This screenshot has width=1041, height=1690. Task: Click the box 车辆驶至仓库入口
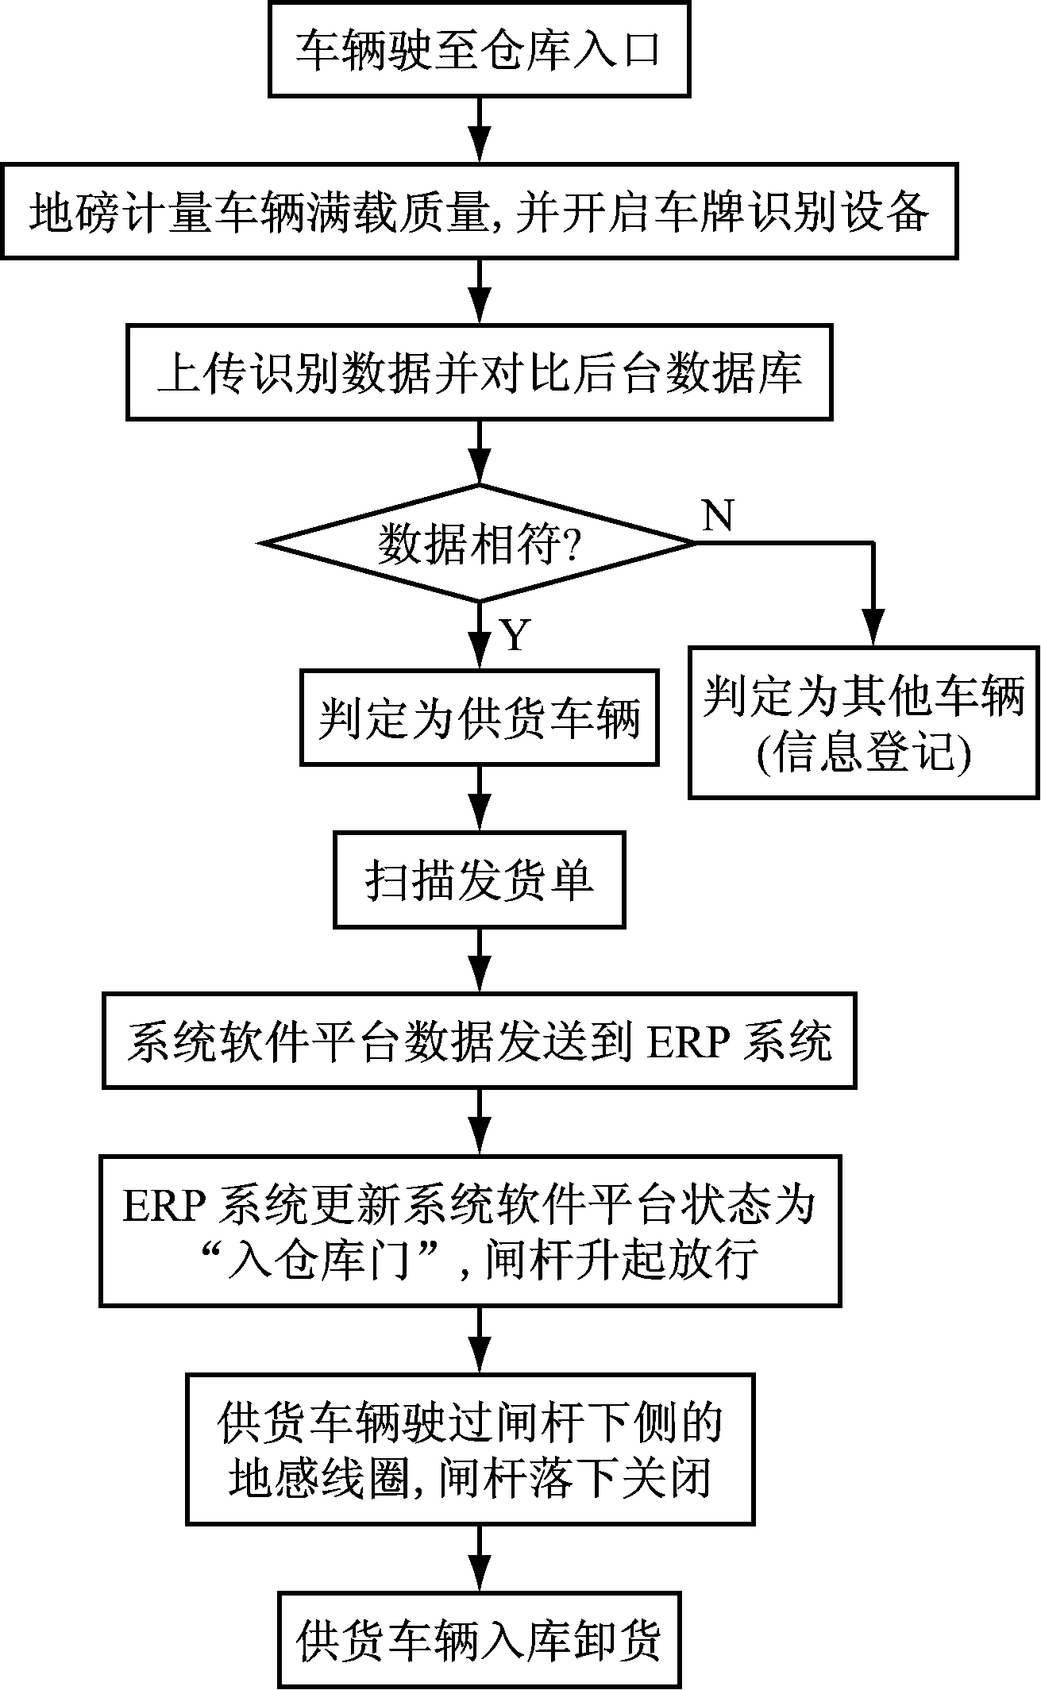[479, 51]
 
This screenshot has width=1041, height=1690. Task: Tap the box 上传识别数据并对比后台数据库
[479, 371]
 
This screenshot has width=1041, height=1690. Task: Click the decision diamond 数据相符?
[479, 543]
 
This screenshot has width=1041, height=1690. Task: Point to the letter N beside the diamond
[718, 517]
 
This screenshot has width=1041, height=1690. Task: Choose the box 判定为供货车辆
[479, 718]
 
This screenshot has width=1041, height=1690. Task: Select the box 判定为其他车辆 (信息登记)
[863, 722]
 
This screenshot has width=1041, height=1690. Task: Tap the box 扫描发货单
[479, 880]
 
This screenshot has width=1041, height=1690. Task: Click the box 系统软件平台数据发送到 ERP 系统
[479, 1040]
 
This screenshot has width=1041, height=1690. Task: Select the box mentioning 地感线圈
[470, 1449]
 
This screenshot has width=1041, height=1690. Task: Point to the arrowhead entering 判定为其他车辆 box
[873, 631]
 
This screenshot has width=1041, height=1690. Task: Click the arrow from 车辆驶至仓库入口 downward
[479, 130]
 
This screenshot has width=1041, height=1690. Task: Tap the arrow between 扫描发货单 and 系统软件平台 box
[479, 960]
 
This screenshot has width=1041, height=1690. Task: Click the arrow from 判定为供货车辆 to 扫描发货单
[479, 799]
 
